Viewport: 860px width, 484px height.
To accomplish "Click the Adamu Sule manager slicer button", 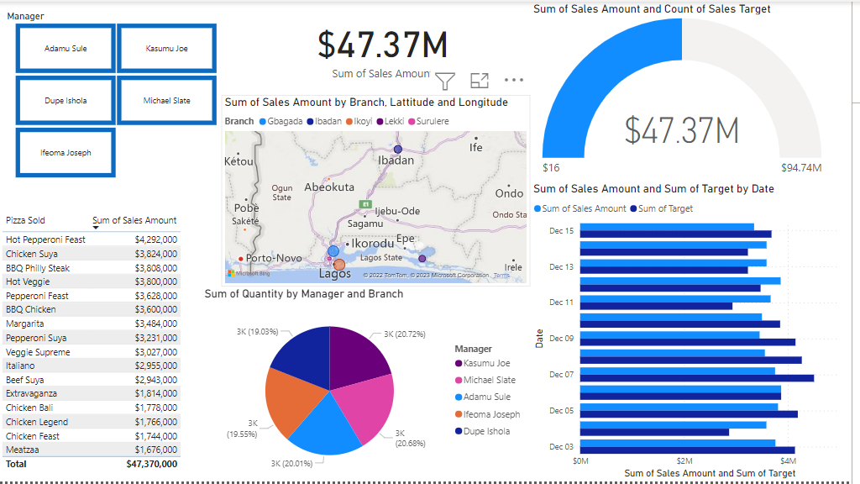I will click(x=66, y=49).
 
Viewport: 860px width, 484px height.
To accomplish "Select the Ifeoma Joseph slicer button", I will click(x=66, y=153).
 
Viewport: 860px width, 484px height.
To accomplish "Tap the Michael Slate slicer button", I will click(x=166, y=101).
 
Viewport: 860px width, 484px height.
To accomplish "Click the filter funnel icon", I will click(x=445, y=81).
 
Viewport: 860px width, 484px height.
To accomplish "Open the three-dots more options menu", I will click(x=514, y=81).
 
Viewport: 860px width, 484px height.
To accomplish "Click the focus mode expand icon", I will click(x=480, y=81).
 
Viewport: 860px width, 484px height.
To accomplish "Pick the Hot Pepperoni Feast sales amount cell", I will click(x=155, y=239).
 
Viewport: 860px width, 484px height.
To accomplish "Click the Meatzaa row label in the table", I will click(x=23, y=450).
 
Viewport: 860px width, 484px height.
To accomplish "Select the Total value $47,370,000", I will click(x=151, y=464).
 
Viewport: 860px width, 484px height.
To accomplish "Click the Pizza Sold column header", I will click(x=25, y=220).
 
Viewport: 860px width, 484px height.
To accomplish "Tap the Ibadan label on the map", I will click(x=396, y=160).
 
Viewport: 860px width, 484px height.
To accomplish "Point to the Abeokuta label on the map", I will click(x=329, y=187).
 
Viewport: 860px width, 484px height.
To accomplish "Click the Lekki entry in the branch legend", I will click(x=395, y=121).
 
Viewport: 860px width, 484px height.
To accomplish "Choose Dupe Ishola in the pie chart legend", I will click(x=486, y=431).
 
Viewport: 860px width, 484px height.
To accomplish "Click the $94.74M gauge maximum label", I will click(x=800, y=167).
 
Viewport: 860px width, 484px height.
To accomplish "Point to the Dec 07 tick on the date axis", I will click(x=561, y=374).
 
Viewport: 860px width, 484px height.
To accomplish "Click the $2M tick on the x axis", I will click(x=684, y=460).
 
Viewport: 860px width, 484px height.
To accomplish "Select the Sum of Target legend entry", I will click(x=665, y=208).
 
